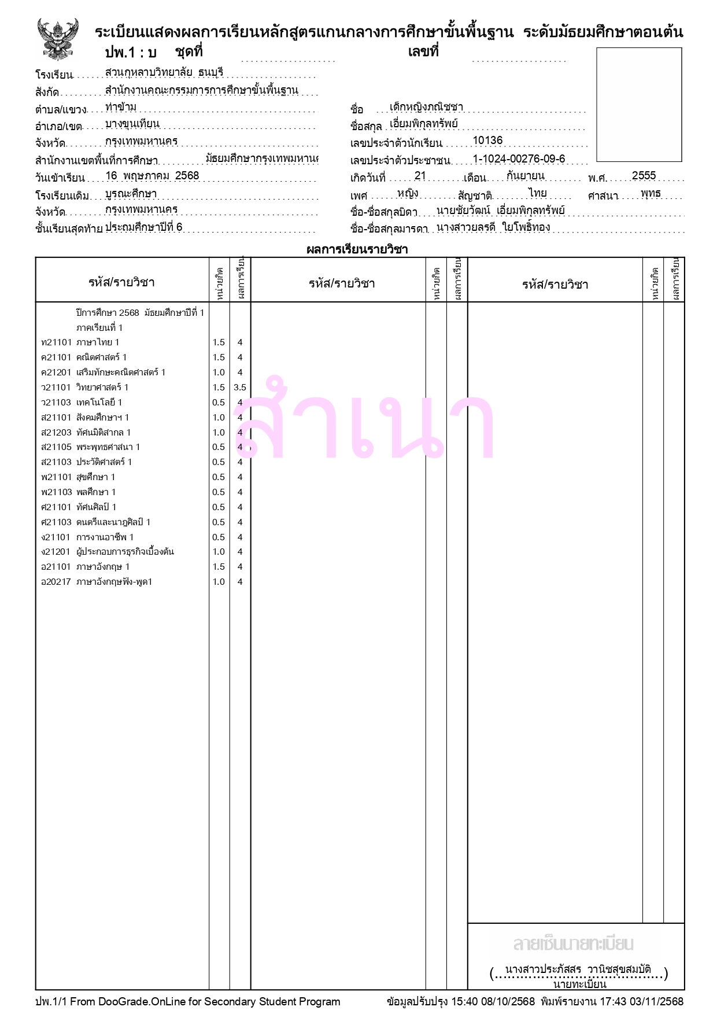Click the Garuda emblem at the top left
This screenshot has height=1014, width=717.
click(57, 39)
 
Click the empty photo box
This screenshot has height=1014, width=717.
click(638, 105)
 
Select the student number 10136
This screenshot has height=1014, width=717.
click(487, 141)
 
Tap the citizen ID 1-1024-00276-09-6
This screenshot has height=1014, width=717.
click(519, 159)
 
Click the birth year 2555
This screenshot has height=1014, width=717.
click(643, 176)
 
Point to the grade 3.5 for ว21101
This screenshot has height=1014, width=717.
click(239, 388)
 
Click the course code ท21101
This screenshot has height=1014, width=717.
click(56, 342)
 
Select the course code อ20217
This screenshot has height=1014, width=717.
click(56, 582)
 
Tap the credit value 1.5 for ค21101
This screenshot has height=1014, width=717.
click(219, 357)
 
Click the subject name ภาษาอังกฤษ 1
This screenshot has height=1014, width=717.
click(103, 567)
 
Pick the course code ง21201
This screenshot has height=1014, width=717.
click(56, 552)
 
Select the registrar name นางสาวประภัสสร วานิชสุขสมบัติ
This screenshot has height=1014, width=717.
click(578, 969)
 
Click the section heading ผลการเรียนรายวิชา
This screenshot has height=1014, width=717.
click(357, 250)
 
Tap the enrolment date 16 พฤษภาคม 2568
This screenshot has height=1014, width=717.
click(152, 176)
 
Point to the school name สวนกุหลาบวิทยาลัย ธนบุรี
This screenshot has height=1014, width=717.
click(164, 73)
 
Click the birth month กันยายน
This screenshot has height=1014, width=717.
click(525, 176)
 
